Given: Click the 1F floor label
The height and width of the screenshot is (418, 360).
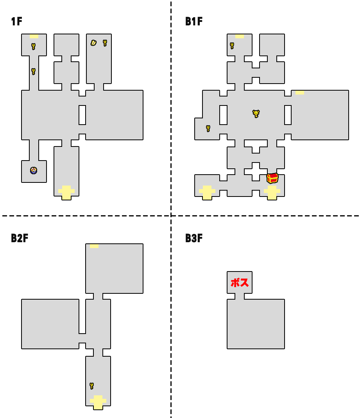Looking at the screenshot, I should coord(16,22).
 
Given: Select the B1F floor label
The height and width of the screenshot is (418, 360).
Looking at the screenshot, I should coord(194,22).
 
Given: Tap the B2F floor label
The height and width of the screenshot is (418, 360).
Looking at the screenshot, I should coord(20,238).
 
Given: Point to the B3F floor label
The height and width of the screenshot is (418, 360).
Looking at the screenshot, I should coord(194,238).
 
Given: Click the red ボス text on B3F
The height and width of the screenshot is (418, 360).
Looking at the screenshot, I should coord(240,282).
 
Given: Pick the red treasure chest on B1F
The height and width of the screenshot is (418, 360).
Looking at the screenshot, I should coord(272,178).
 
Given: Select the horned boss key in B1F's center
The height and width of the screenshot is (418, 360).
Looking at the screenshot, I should coord(256,114).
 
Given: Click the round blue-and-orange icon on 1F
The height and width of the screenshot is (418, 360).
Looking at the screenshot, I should coord(34,170).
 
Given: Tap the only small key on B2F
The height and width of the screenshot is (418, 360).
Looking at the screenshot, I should coord(91,386).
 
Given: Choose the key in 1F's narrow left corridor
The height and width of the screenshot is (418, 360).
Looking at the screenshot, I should coord(34,71).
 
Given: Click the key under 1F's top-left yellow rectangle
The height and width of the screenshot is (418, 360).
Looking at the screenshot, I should coord(34,46).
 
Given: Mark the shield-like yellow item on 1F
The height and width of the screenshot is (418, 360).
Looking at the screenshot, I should coord(93,43).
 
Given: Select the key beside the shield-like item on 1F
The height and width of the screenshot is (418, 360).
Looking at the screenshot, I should coord(105,43).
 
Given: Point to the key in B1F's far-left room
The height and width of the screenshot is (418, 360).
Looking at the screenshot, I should coord(208,128).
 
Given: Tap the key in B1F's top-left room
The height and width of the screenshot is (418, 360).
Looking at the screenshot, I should coord(232,46).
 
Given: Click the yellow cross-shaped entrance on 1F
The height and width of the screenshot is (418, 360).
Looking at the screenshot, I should coord(66,192).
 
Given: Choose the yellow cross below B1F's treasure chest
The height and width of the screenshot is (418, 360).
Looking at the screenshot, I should coord(272,192).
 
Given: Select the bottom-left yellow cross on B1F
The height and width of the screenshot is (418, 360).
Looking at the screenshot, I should coord(207,192).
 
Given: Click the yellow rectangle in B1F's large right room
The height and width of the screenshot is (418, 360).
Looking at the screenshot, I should coord(299,93).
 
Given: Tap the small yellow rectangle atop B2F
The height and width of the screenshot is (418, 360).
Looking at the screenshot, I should coord(94,246).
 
